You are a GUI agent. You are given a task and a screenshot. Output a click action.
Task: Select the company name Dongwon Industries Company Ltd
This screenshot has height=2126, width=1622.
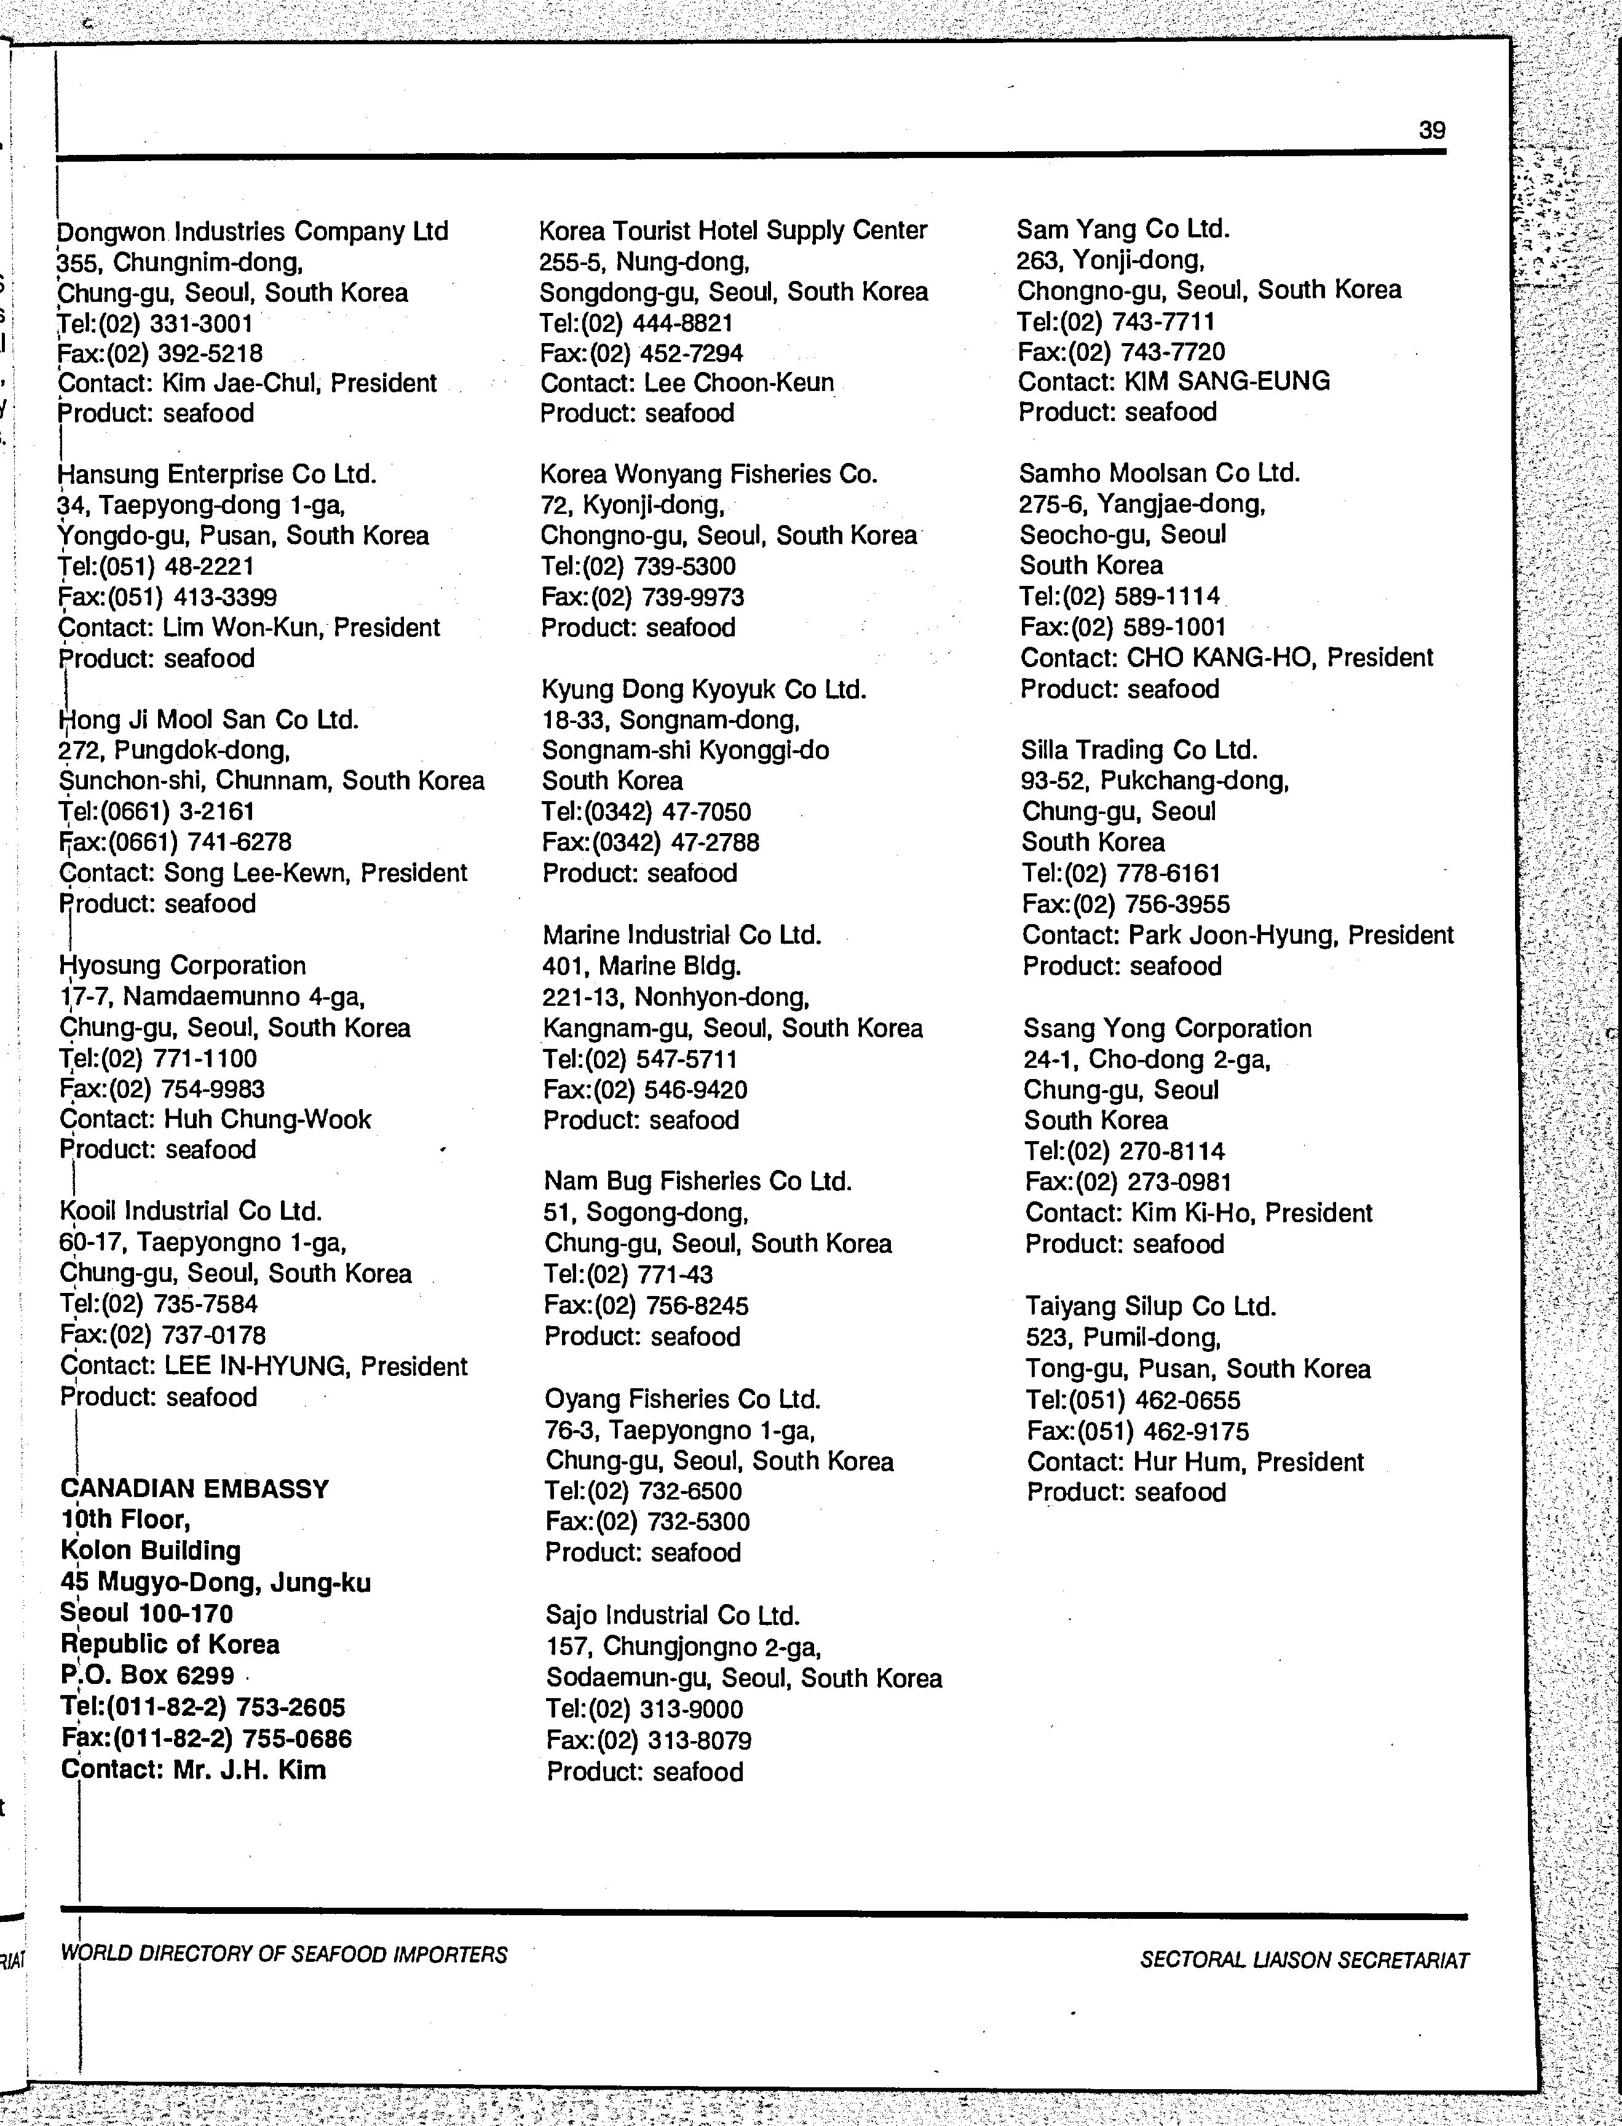coord(253,232)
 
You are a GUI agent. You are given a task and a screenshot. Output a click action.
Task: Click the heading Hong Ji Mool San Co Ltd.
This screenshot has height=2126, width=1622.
coord(208,719)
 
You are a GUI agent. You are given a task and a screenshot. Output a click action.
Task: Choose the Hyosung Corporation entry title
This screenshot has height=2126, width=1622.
coord(183,965)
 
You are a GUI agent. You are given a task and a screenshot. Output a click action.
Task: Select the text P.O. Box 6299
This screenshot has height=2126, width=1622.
coord(147,1674)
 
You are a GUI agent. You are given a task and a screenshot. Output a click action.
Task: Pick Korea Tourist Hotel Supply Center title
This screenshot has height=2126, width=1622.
coord(733,231)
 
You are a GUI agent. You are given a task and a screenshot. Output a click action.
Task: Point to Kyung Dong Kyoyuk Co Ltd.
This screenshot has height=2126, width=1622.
coord(704,689)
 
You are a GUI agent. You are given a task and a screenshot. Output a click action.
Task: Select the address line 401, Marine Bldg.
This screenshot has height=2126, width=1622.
coord(641,965)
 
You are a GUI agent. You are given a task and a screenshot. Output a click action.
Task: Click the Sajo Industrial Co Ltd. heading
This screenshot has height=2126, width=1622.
coord(673,1615)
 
